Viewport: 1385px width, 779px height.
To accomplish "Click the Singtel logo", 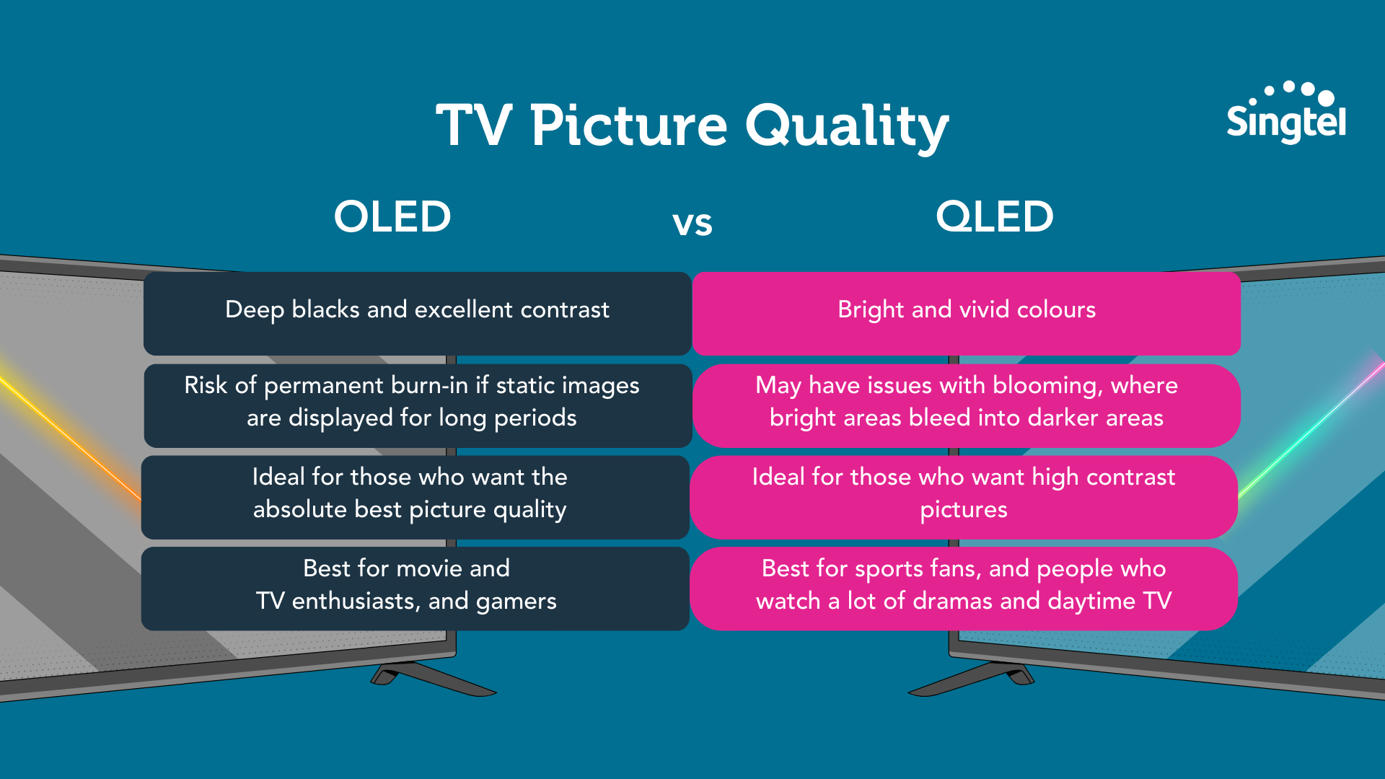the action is point(1286,113).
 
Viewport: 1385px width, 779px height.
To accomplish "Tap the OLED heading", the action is point(392,216).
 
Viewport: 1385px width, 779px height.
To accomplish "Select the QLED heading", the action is point(995,216).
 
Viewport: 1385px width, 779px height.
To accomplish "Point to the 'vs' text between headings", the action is point(692,224).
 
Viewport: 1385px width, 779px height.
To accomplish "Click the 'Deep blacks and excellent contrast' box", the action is point(417,313).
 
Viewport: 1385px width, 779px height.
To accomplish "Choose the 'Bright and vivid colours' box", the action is point(967,313).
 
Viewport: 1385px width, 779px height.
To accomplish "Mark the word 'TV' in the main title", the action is point(474,126).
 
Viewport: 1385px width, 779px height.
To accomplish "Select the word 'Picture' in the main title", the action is point(629,126).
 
